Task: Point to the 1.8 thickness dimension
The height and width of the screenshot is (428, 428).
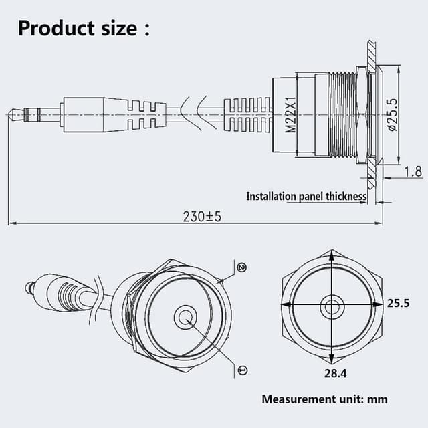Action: pyautogui.click(x=413, y=172)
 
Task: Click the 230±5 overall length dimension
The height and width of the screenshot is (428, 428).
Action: pyautogui.click(x=202, y=217)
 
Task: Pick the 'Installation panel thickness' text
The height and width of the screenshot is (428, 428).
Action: pyautogui.click(x=306, y=196)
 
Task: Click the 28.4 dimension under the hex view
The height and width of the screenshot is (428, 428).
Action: pyautogui.click(x=332, y=372)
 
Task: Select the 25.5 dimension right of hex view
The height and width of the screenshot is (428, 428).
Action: pyautogui.click(x=399, y=303)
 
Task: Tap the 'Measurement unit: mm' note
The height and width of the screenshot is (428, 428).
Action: pyautogui.click(x=324, y=399)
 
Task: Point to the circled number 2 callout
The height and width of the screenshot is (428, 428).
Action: pyautogui.click(x=242, y=267)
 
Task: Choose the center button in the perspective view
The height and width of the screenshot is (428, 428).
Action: pyautogui.click(x=185, y=317)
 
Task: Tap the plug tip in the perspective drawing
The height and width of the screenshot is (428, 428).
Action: pyautogui.click(x=29, y=288)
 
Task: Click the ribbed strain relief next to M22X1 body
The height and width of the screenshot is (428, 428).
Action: pyautogui.click(x=247, y=114)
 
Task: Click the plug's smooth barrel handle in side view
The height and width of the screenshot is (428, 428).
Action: pyautogui.click(x=84, y=114)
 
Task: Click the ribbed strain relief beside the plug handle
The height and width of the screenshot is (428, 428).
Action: pyautogui.click(x=146, y=114)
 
